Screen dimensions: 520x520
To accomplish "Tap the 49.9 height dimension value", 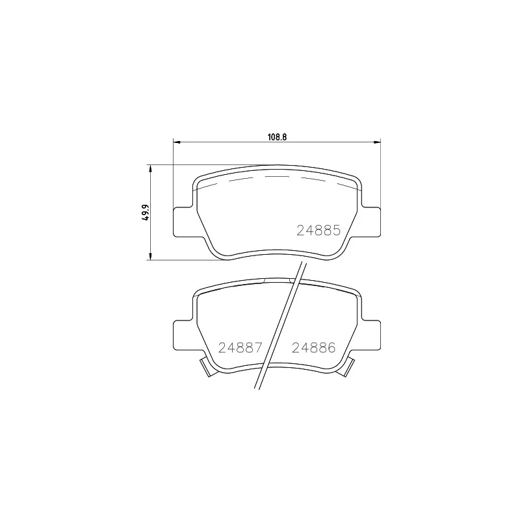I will [x=147, y=213].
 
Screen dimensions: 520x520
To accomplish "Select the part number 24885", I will [x=319, y=229].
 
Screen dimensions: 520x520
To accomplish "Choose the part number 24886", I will [x=313, y=347].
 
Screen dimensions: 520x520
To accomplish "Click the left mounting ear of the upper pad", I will [x=183, y=222].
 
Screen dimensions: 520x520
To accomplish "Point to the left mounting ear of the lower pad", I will [x=183, y=334].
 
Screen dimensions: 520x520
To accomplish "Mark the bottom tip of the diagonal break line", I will [x=254, y=389].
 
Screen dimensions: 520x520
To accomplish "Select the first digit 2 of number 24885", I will [x=302, y=229].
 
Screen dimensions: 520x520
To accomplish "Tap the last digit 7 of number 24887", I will [x=257, y=347].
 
